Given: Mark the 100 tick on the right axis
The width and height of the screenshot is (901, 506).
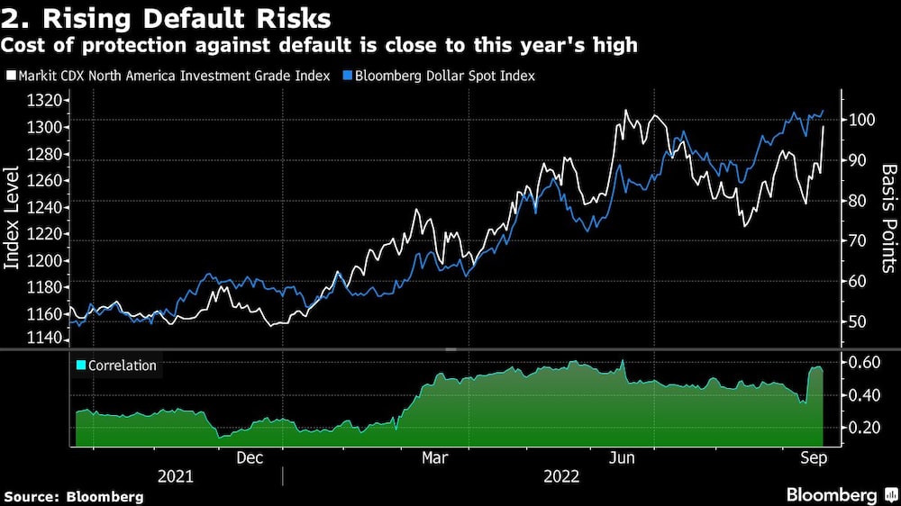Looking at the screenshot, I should click(860, 120).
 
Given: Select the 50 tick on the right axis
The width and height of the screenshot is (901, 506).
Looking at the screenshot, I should click(857, 322).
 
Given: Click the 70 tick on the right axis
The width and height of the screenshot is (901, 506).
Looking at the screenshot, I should click(857, 241).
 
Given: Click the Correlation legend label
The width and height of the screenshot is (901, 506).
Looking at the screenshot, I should click(121, 366).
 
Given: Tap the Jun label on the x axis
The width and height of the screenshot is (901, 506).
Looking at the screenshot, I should click(622, 456).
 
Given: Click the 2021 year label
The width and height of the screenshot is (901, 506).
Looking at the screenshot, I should click(176, 475).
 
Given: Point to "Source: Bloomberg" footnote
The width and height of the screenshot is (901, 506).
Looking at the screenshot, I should click(74, 496).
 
